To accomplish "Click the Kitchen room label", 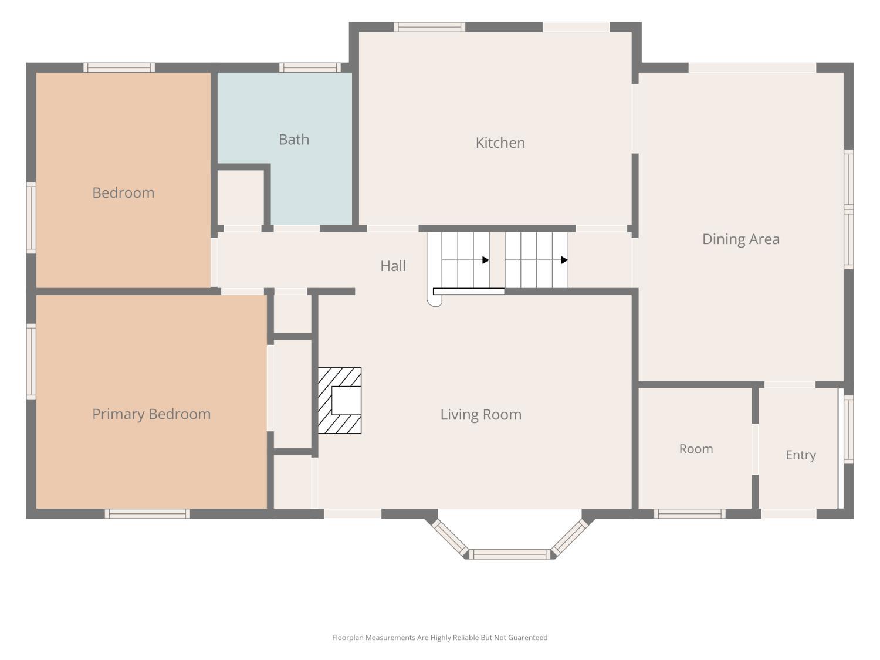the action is (x=500, y=143).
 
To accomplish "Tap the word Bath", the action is (x=294, y=140).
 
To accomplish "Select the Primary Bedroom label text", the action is (x=151, y=414).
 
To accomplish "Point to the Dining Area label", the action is (x=741, y=239).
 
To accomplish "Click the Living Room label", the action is (x=480, y=415).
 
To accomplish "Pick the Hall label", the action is (x=393, y=266).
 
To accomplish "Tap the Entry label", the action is (x=801, y=455).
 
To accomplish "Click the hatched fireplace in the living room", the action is (x=340, y=400).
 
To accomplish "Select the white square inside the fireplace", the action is (x=346, y=400).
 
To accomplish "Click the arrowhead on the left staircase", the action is (x=486, y=260).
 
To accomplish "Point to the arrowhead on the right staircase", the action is (x=564, y=260).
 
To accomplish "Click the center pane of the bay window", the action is (x=510, y=554).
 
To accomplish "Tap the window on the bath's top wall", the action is (x=310, y=67).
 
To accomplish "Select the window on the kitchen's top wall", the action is (x=429, y=27).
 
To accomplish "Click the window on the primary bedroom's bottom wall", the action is (x=147, y=514).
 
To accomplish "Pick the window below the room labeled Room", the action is (x=689, y=514).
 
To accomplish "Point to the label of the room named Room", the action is (x=696, y=449).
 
